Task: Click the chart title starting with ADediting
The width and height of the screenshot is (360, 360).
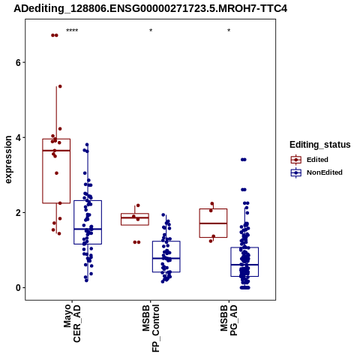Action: click(151, 8)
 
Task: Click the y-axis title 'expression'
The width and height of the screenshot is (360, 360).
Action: click(8, 160)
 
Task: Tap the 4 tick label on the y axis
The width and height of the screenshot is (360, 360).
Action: click(18, 137)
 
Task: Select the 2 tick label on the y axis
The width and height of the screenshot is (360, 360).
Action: click(18, 212)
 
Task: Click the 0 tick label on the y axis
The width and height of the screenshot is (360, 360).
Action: click(18, 287)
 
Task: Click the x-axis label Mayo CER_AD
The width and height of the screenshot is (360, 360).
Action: click(72, 323)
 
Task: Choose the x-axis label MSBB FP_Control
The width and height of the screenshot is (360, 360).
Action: click(151, 328)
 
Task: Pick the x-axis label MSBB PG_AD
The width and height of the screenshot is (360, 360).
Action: click(229, 320)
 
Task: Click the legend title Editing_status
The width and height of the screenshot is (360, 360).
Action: click(320, 145)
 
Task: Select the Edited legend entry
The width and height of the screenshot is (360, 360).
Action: click(310, 160)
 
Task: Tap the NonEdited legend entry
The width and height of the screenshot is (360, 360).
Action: click(316, 172)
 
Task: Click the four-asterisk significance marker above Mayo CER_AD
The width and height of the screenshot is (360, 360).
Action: click(72, 31)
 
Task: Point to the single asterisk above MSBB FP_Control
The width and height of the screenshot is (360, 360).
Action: click(151, 31)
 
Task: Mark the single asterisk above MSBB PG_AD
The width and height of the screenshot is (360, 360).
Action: click(229, 31)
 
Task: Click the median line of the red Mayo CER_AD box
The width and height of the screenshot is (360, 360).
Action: click(56, 151)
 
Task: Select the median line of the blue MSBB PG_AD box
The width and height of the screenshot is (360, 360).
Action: click(244, 265)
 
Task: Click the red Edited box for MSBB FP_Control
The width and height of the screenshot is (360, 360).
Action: click(135, 214)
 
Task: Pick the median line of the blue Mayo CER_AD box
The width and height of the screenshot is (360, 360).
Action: click(88, 229)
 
